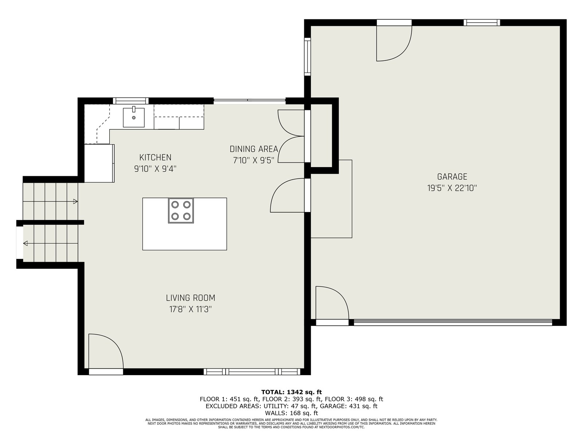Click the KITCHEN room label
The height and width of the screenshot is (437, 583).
click(155, 157)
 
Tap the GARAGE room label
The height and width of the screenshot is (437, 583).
click(452, 177)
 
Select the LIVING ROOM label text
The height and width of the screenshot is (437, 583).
click(191, 298)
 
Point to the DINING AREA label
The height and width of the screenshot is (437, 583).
click(254, 149)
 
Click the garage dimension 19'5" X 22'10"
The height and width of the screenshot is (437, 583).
click(452, 188)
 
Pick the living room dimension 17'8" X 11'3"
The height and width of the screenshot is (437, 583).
click(191, 310)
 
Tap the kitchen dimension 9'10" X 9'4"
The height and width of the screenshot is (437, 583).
click(155, 169)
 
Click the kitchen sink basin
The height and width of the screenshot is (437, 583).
click(134, 117)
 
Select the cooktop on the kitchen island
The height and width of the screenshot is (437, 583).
click(181, 211)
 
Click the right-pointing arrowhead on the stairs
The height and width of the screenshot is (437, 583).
click(75, 201)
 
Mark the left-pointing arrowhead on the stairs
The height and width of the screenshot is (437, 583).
click(26, 243)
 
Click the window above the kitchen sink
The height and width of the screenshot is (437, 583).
click(131, 101)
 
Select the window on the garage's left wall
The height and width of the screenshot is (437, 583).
click(307, 56)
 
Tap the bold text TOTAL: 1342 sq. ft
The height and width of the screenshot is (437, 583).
click(291, 392)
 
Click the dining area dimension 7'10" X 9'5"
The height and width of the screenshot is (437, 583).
click(254, 160)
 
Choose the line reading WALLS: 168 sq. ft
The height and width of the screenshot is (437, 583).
click(291, 413)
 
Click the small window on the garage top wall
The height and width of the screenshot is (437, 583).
click(482, 23)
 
